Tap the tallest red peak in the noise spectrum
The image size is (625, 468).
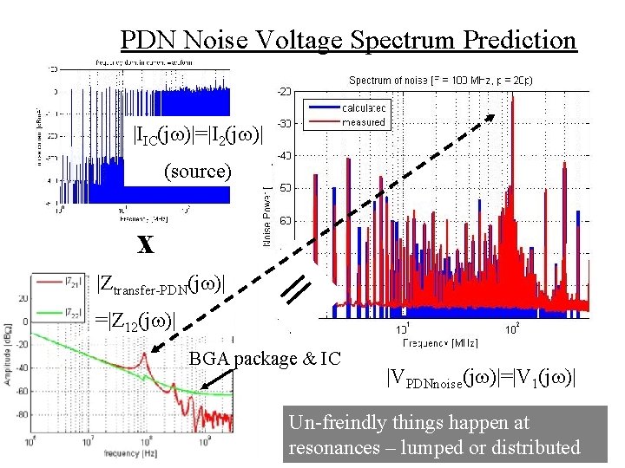point(513,98)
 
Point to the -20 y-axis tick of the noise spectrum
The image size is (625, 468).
point(285,90)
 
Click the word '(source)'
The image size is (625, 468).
point(198,172)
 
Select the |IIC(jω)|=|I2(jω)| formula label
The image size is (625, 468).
point(196,136)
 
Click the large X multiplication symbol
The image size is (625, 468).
point(145,244)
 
